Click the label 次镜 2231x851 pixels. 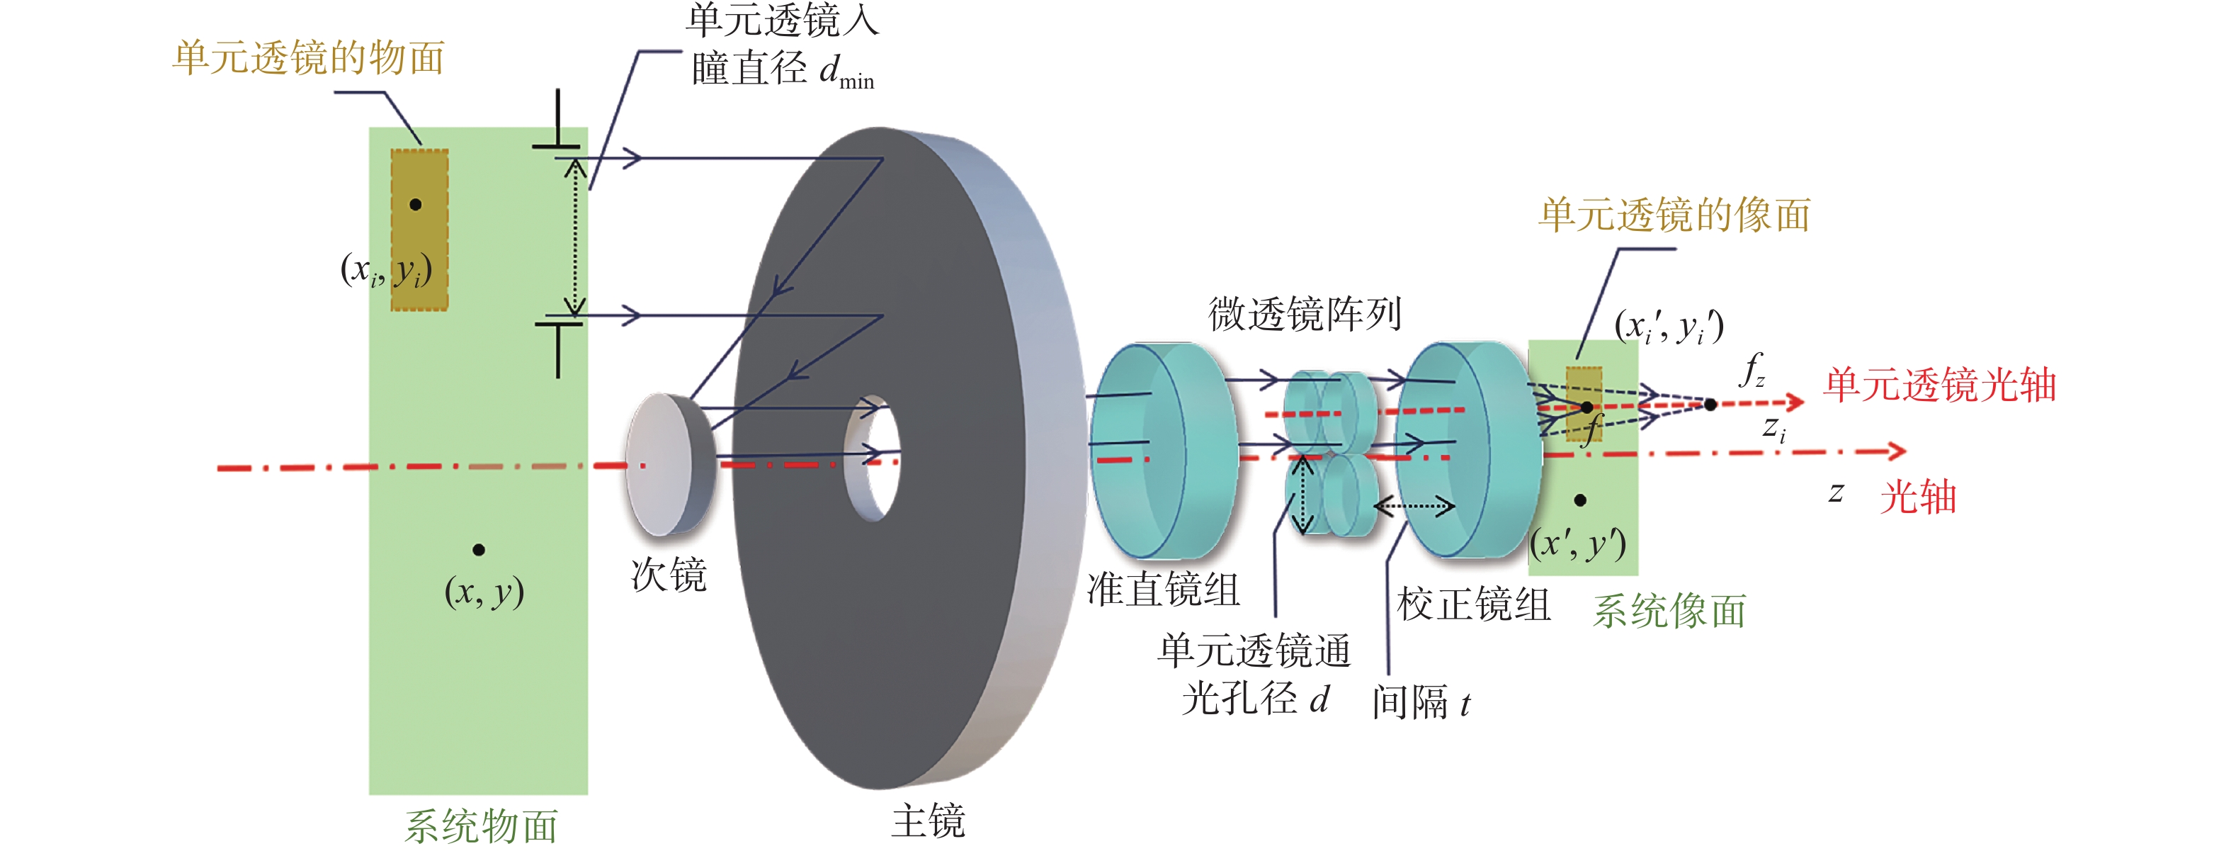coord(669,575)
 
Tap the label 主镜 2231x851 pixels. coord(928,820)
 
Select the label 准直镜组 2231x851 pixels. coord(1163,590)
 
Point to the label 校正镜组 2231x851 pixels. coord(1473,604)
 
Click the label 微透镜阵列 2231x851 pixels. coord(1305,314)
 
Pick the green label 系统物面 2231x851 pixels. coord(481,826)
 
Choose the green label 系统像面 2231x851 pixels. coord(1669,611)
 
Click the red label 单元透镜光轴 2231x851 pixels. coord(1939,384)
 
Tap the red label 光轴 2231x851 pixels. coord(1917,497)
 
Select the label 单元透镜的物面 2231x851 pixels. coord(308,58)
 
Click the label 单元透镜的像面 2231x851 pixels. coord(1674,215)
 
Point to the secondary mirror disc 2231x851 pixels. coord(667,463)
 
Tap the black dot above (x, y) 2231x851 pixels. coord(479,549)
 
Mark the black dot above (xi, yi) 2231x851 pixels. coord(416,205)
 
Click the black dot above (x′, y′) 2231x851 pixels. coord(1581,500)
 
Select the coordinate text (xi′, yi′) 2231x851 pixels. coord(1669,327)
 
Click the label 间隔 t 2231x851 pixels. coord(1420,702)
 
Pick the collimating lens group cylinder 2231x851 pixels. coord(1161,450)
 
